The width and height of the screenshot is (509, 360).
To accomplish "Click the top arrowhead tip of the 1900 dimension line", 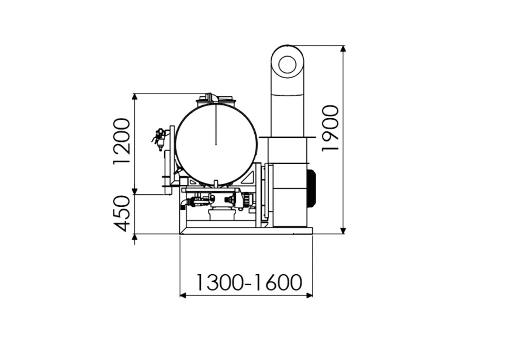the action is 344,45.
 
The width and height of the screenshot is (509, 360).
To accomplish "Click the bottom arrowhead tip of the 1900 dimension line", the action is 344,233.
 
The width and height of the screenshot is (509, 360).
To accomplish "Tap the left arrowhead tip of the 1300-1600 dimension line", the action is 180,295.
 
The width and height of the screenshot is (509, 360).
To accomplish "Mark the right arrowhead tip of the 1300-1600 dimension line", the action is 312,295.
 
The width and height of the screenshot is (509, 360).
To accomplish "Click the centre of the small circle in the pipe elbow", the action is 287,64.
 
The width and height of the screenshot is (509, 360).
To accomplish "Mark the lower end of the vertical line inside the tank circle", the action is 216,145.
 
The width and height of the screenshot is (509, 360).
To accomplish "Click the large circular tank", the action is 216,145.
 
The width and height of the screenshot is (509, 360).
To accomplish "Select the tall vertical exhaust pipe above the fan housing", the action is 288,91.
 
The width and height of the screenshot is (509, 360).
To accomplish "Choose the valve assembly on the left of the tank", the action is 160,138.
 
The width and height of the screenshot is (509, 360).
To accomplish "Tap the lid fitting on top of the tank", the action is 216,99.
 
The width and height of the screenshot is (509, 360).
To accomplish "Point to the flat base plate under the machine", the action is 246,230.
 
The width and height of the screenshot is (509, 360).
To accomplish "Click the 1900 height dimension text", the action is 330,128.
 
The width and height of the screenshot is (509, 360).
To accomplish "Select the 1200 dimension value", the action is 121,141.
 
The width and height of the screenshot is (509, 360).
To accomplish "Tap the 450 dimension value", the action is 121,213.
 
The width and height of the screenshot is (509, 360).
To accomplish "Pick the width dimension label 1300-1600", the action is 249,282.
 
